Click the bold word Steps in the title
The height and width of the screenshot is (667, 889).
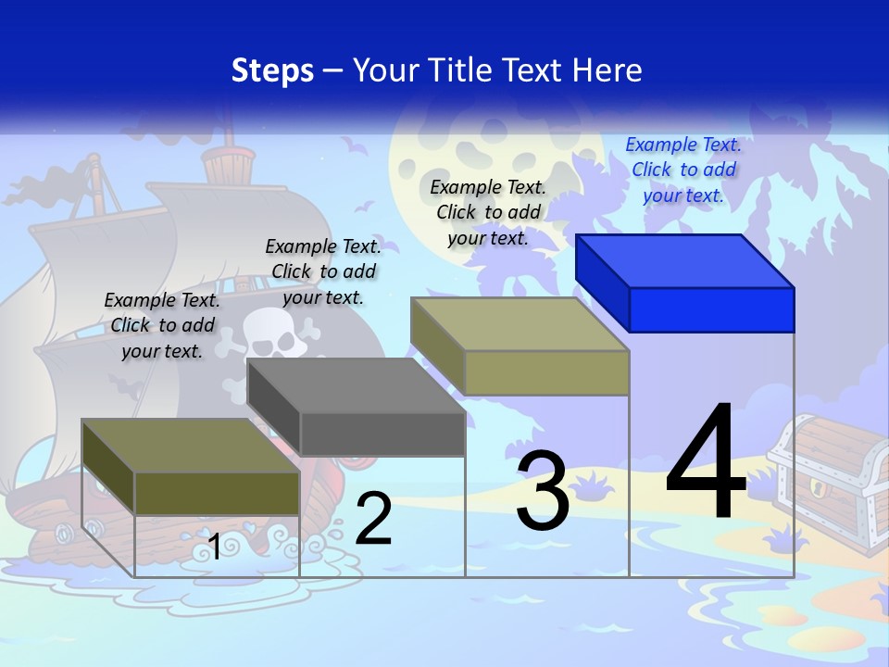point(272,70)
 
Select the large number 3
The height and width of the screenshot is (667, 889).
point(542,492)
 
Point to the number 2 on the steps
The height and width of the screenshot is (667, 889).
point(373,519)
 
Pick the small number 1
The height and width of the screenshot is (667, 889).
point(215,547)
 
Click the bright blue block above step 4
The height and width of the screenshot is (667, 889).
point(685,283)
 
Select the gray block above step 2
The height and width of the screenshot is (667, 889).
point(357,408)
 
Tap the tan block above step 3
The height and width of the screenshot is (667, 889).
point(520,346)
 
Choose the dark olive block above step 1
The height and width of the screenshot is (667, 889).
point(191,467)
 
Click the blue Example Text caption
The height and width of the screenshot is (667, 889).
point(683,170)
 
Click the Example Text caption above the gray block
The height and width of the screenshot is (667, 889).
point(323,271)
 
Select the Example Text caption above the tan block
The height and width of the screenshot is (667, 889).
point(488,212)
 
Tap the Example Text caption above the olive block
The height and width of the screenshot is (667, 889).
point(162,325)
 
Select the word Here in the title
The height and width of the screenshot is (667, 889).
point(608,70)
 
